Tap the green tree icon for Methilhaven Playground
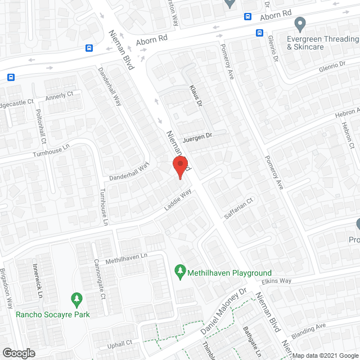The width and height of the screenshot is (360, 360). pyautogui.click(x=181, y=272)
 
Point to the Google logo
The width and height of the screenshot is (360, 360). pyautogui.click(x=18, y=353)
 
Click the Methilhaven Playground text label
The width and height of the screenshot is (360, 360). pyautogui.click(x=229, y=273)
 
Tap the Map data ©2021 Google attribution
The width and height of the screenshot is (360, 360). pyautogui.click(x=323, y=355)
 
